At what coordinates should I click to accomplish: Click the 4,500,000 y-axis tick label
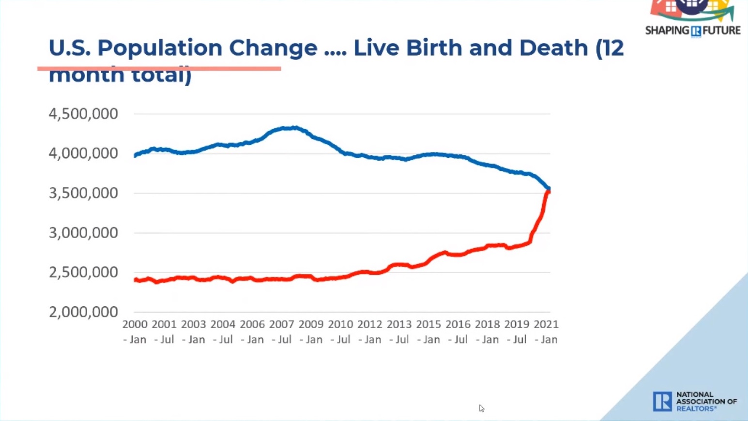[83, 114]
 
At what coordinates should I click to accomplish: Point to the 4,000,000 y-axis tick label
[83, 153]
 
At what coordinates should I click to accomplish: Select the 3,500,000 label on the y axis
[83, 193]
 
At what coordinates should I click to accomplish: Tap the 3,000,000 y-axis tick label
[83, 233]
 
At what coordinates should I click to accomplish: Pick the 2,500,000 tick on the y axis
[83, 272]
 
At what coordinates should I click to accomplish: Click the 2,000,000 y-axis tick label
[83, 312]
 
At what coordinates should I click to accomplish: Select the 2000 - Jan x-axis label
[135, 331]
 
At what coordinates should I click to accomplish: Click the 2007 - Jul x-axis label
[281, 331]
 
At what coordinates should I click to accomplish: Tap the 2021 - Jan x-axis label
[546, 331]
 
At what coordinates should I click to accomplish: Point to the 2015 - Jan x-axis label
[428, 331]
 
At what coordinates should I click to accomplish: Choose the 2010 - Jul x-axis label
[340, 331]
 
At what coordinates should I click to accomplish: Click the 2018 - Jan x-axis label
[487, 331]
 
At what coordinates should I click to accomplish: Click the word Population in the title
[159, 48]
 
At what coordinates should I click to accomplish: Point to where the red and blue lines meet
[548, 190]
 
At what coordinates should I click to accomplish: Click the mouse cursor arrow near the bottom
[481, 408]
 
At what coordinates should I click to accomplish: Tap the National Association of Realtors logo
[694, 401]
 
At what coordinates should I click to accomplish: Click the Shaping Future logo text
[692, 30]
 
